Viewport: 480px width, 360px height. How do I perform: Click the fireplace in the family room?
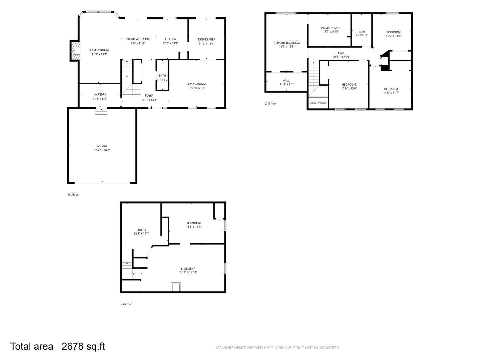pyautogui.click(x=75, y=51)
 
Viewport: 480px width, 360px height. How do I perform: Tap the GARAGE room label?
pyautogui.click(x=102, y=146)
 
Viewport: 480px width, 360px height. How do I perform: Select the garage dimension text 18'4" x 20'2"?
pyautogui.click(x=102, y=150)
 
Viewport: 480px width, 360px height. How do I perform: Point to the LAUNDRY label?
pyautogui.click(x=100, y=94)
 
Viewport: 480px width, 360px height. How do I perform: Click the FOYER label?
pyautogui.click(x=149, y=96)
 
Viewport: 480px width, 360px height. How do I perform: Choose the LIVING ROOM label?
pyautogui.click(x=197, y=84)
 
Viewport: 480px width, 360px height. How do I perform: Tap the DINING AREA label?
pyautogui.click(x=207, y=39)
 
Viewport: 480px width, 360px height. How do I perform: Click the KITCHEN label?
pyautogui.click(x=171, y=39)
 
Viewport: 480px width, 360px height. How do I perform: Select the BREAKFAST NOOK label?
pyautogui.click(x=138, y=39)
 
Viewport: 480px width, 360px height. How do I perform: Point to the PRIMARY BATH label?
pyautogui.click(x=331, y=28)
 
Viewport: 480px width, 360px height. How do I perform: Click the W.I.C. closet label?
pyautogui.click(x=286, y=81)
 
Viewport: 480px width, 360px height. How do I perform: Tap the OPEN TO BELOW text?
pyautogui.click(x=318, y=103)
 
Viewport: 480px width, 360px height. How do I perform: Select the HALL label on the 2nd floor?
pyautogui.click(x=341, y=53)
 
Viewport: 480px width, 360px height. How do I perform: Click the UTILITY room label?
pyautogui.click(x=141, y=230)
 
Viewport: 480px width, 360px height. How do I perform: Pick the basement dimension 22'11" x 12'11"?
pyautogui.click(x=188, y=272)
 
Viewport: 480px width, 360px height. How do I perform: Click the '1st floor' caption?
pyautogui.click(x=73, y=195)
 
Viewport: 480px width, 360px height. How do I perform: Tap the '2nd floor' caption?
pyautogui.click(x=271, y=104)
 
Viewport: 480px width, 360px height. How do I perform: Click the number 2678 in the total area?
pyautogui.click(x=72, y=346)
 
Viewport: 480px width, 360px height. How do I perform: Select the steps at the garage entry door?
pyautogui.click(x=101, y=112)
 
